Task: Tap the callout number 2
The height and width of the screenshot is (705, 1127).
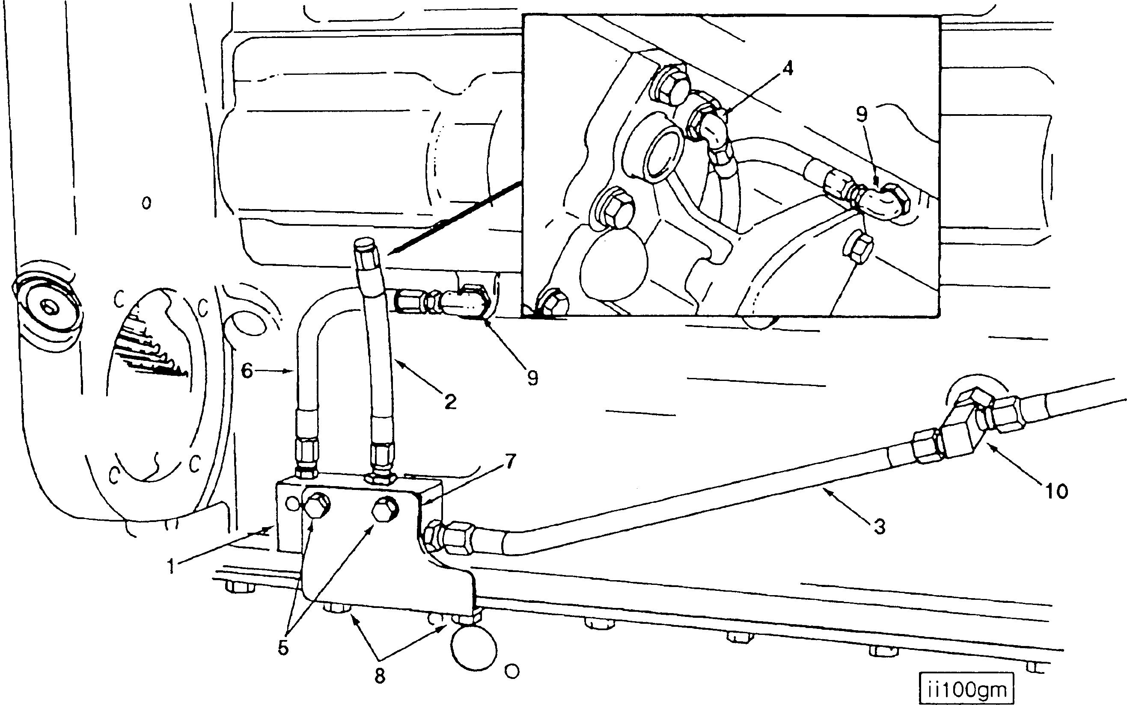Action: tap(450, 401)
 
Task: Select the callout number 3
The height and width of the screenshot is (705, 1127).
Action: tap(879, 527)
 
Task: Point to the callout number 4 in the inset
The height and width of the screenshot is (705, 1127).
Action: tap(788, 68)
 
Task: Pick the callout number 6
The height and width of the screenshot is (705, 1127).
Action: tap(247, 371)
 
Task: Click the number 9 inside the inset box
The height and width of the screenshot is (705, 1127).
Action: tap(862, 114)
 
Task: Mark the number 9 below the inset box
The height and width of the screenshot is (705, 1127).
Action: tap(532, 378)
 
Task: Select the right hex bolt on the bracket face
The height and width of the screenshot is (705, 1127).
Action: tap(384, 508)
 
